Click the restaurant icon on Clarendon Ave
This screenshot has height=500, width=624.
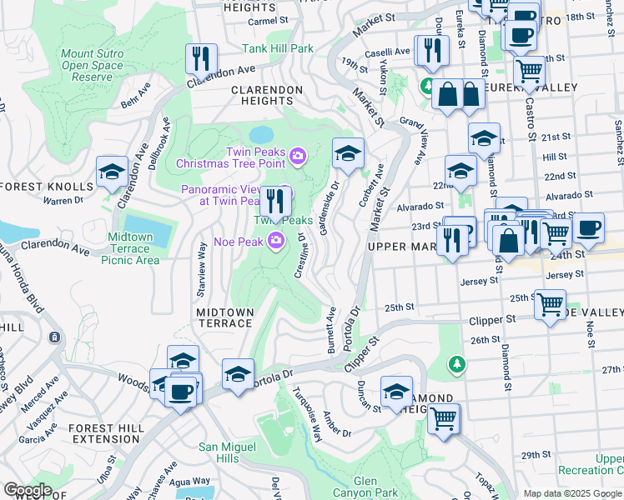pos(201,58)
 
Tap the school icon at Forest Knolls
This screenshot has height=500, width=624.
pos(112,172)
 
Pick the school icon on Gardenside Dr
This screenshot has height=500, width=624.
pos(348,152)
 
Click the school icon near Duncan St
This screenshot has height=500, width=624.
pos(396,392)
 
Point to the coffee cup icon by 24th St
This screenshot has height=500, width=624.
pos(588,228)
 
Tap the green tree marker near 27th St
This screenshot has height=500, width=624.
pos(456,364)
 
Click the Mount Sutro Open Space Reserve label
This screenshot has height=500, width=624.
pos(93,65)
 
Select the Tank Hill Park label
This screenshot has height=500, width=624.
pos(278,48)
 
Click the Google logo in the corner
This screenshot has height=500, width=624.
pos(27,490)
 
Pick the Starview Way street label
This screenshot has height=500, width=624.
pos(201,271)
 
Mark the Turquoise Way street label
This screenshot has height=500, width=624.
pos(310,417)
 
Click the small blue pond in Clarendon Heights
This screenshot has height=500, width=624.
pos(260,134)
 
